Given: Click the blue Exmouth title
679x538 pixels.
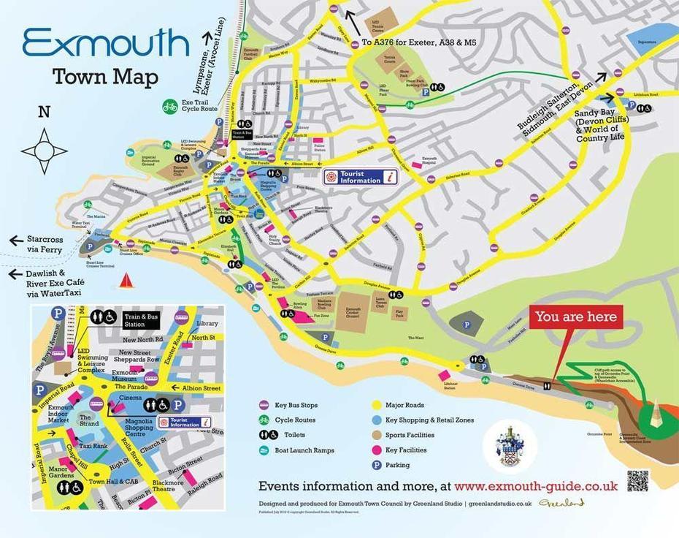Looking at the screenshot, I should pyautogui.click(x=106, y=44).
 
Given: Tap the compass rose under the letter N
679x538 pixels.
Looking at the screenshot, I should pyautogui.click(x=45, y=151).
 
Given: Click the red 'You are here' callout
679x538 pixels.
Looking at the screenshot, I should pyautogui.click(x=576, y=317).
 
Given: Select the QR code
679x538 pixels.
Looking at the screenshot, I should pyautogui.click(x=637, y=481).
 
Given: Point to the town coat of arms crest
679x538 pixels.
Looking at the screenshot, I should pyautogui.click(x=510, y=446).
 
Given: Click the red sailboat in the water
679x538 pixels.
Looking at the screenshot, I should pyautogui.click(x=126, y=281).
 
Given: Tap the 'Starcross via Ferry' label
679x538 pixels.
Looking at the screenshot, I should pyautogui.click(x=48, y=243).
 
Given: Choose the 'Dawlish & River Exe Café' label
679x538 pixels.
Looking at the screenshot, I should pyautogui.click(x=48, y=279).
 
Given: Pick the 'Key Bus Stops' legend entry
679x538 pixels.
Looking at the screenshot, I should pyautogui.click(x=296, y=405).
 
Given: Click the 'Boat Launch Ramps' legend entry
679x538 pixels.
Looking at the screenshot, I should pyautogui.click(x=304, y=450).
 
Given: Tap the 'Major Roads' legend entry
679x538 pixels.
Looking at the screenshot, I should pyautogui.click(x=404, y=405).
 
